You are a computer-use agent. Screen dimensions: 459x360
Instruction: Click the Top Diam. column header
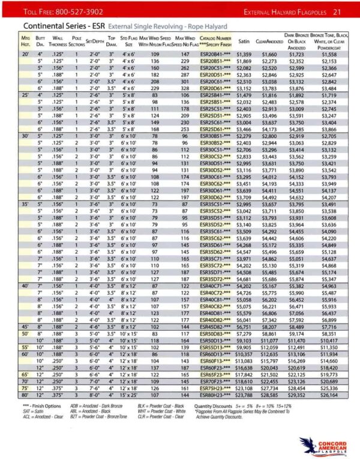(x=111, y=41)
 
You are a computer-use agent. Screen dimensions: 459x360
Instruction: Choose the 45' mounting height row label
(x=26, y=328)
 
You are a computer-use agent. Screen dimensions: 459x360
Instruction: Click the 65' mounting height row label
(x=26, y=373)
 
